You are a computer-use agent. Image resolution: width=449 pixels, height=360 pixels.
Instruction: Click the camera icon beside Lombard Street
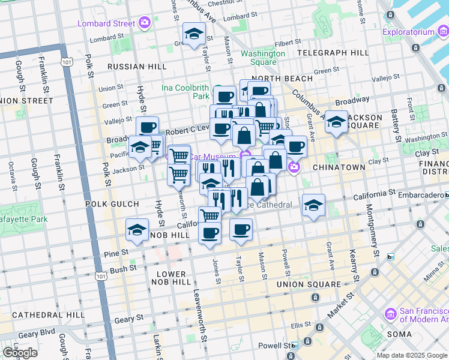pos(144,23)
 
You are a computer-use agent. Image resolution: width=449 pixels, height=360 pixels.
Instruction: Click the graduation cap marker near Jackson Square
pos(337,122)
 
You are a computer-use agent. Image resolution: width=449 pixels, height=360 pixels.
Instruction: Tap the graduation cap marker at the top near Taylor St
pos(194,34)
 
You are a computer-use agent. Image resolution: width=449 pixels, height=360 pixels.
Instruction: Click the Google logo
pos(20,353)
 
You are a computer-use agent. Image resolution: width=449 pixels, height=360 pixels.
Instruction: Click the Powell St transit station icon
pos(294,346)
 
